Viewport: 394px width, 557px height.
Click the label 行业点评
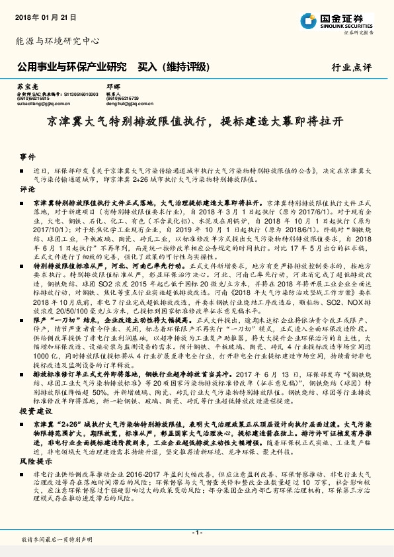352,67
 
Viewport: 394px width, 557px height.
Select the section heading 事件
26,157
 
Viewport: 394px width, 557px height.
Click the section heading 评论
26,189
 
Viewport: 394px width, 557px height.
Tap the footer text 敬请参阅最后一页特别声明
56,540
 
